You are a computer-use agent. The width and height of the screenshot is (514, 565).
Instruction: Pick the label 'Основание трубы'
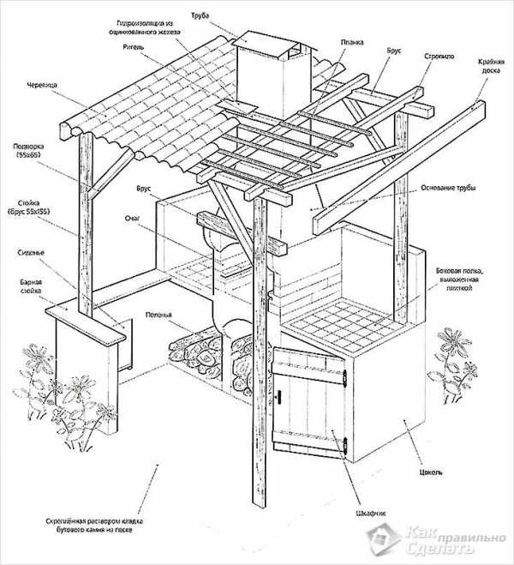(x=452, y=188)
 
